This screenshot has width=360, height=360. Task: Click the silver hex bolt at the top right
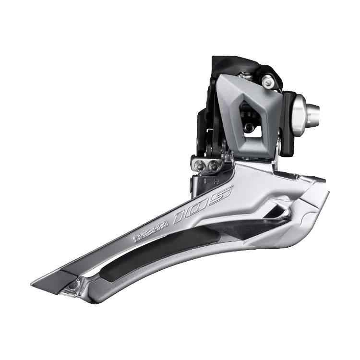point(269,82)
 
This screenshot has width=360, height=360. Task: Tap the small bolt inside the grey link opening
point(248,127)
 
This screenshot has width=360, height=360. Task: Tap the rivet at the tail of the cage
point(72,285)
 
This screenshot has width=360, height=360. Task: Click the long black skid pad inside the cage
point(158,253)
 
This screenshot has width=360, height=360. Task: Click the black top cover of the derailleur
point(230,65)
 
